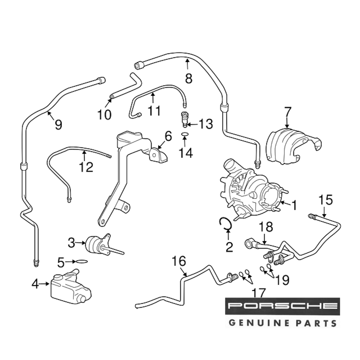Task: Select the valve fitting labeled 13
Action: point(184,119)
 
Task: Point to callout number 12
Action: point(87,167)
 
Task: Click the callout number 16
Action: point(179,261)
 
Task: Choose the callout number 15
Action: point(325,200)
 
